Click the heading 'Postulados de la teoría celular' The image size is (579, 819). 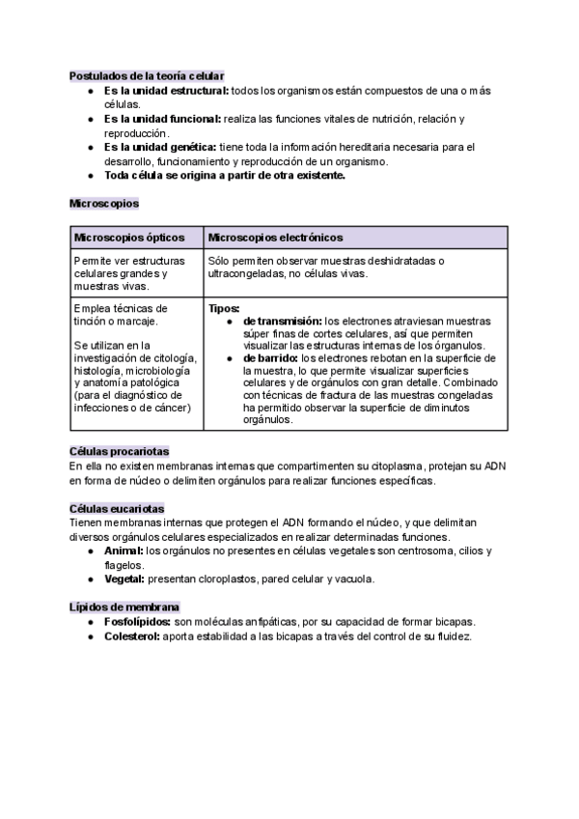coord(147,75)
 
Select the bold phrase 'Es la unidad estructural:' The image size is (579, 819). coord(166,90)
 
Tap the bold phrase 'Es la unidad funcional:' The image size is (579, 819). coord(162,119)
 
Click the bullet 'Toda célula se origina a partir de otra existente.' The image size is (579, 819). coord(224,176)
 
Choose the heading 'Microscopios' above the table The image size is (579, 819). coord(104,204)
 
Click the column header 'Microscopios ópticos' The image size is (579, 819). coord(125,238)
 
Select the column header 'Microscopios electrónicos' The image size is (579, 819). coord(275,238)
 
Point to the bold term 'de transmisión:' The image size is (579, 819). coord(282,321)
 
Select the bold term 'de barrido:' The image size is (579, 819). coord(270,357)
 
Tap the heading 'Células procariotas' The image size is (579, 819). coord(120,451)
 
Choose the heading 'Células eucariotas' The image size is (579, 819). coord(117,508)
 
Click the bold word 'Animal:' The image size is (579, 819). coord(124,551)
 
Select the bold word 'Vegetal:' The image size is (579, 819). coord(124,579)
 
